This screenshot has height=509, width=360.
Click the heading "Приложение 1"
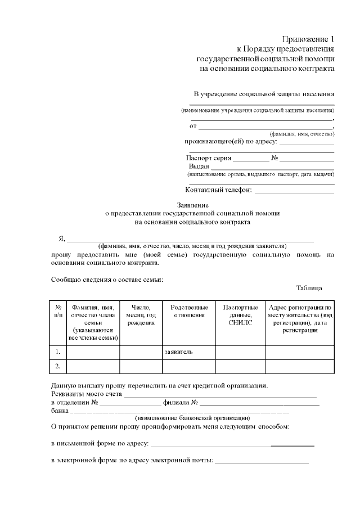pos(309,39)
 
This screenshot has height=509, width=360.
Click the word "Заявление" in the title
pos(193,205)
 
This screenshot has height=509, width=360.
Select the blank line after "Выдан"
pos(273,168)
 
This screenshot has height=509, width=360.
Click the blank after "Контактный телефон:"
pos(294,191)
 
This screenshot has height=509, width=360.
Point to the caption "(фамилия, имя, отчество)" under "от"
pos(302,134)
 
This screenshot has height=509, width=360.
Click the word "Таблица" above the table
pos(309,288)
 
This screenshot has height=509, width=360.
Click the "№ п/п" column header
pos(58,311)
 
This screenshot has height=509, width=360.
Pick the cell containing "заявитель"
pos(188,352)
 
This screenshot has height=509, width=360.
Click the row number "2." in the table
pos(58,366)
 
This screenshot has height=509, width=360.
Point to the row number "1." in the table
pos(58,352)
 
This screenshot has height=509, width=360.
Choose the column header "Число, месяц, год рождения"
pos(141,315)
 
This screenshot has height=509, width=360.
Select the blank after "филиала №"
pos(260,404)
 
